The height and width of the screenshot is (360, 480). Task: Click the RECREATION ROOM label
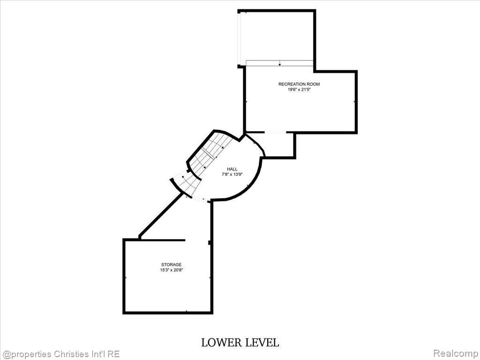coord(299,84)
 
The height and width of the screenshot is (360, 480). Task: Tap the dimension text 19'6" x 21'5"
coord(299,90)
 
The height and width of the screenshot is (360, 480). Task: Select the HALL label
coord(232,169)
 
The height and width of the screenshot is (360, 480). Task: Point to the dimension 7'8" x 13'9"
coord(232,174)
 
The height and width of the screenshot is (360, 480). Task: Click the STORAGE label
coord(172,264)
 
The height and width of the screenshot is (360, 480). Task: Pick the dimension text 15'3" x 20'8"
coord(172,270)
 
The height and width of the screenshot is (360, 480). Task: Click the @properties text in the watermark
coord(26,354)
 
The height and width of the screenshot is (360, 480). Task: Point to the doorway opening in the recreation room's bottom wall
coord(275,132)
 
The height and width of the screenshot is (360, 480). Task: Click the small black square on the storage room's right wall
coord(210,242)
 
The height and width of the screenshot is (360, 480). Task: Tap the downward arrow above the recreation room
coord(279,63)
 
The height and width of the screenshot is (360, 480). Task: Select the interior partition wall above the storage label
coord(162,240)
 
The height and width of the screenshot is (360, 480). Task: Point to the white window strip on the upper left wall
coord(239,39)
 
